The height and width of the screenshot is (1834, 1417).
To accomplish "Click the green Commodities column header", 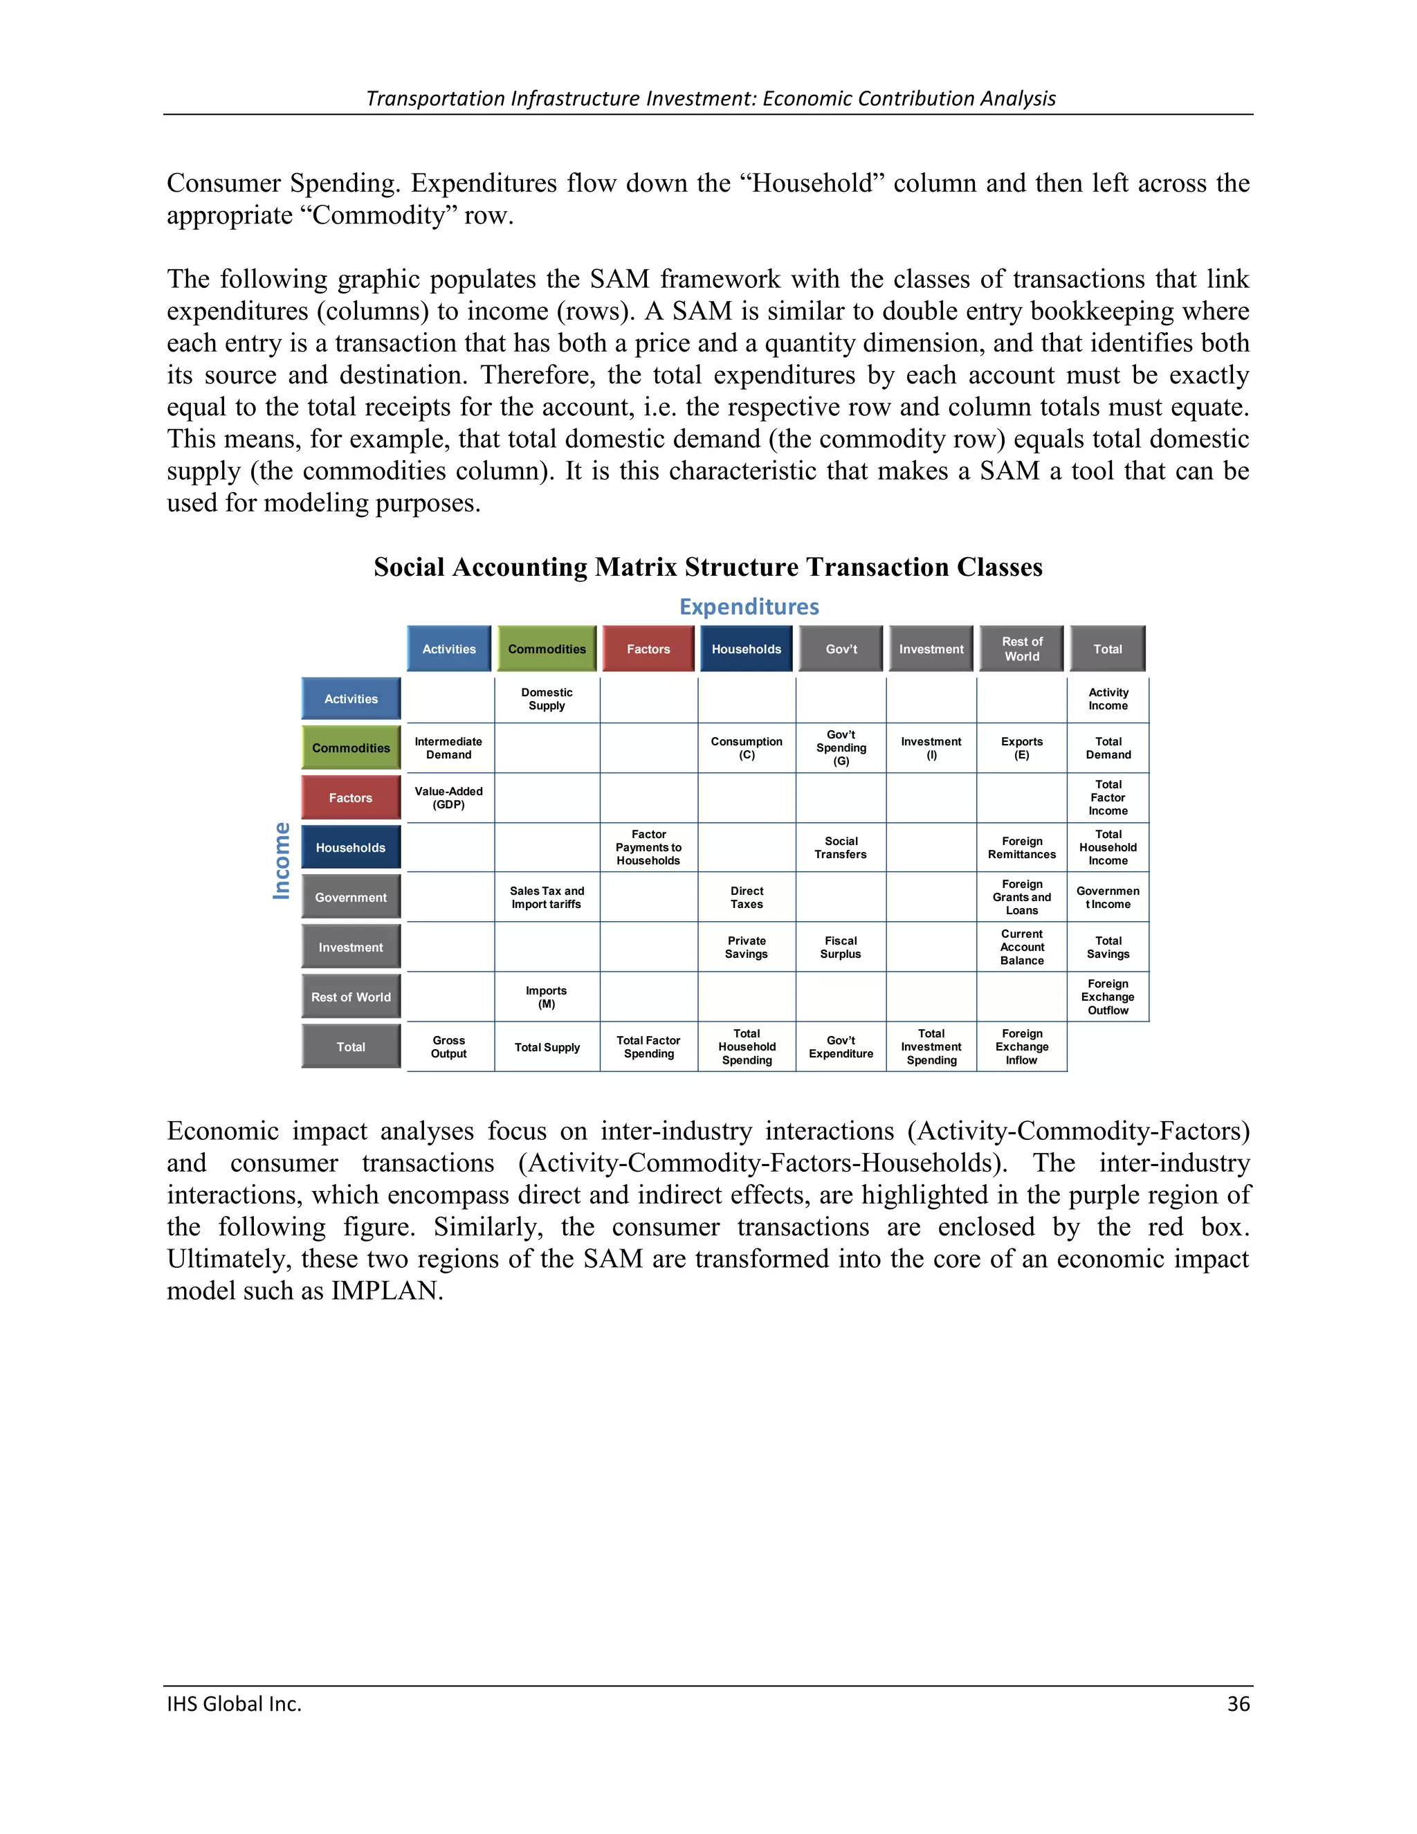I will tap(547, 648).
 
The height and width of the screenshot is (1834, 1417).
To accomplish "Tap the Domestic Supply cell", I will tap(547, 699).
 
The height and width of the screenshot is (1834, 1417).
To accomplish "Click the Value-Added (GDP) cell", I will tap(448, 798).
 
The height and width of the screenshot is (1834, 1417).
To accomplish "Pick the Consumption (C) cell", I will tap(747, 747).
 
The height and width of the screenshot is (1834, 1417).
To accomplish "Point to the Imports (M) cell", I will tap(547, 997).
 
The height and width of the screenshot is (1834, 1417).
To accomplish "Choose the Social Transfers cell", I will tap(840, 847).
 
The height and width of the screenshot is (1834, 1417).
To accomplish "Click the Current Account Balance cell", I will tap(1022, 947).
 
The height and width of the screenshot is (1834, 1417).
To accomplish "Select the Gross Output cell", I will tap(448, 1046).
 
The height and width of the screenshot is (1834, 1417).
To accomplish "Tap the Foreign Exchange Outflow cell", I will tap(1108, 997).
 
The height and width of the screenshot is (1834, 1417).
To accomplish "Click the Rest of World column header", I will tap(1022, 648).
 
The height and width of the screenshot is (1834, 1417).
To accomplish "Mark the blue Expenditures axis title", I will tap(749, 606).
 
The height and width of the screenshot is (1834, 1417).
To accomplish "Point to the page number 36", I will tap(1238, 1704).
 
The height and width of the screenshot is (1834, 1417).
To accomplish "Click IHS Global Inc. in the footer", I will tap(235, 1704).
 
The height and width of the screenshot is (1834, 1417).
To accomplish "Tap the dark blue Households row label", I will tap(351, 847).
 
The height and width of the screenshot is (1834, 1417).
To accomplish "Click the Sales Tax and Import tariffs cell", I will tap(547, 897).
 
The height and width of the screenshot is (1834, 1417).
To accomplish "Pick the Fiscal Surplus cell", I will tap(840, 947).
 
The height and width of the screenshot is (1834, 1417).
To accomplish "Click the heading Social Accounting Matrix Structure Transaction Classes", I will tap(708, 567).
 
